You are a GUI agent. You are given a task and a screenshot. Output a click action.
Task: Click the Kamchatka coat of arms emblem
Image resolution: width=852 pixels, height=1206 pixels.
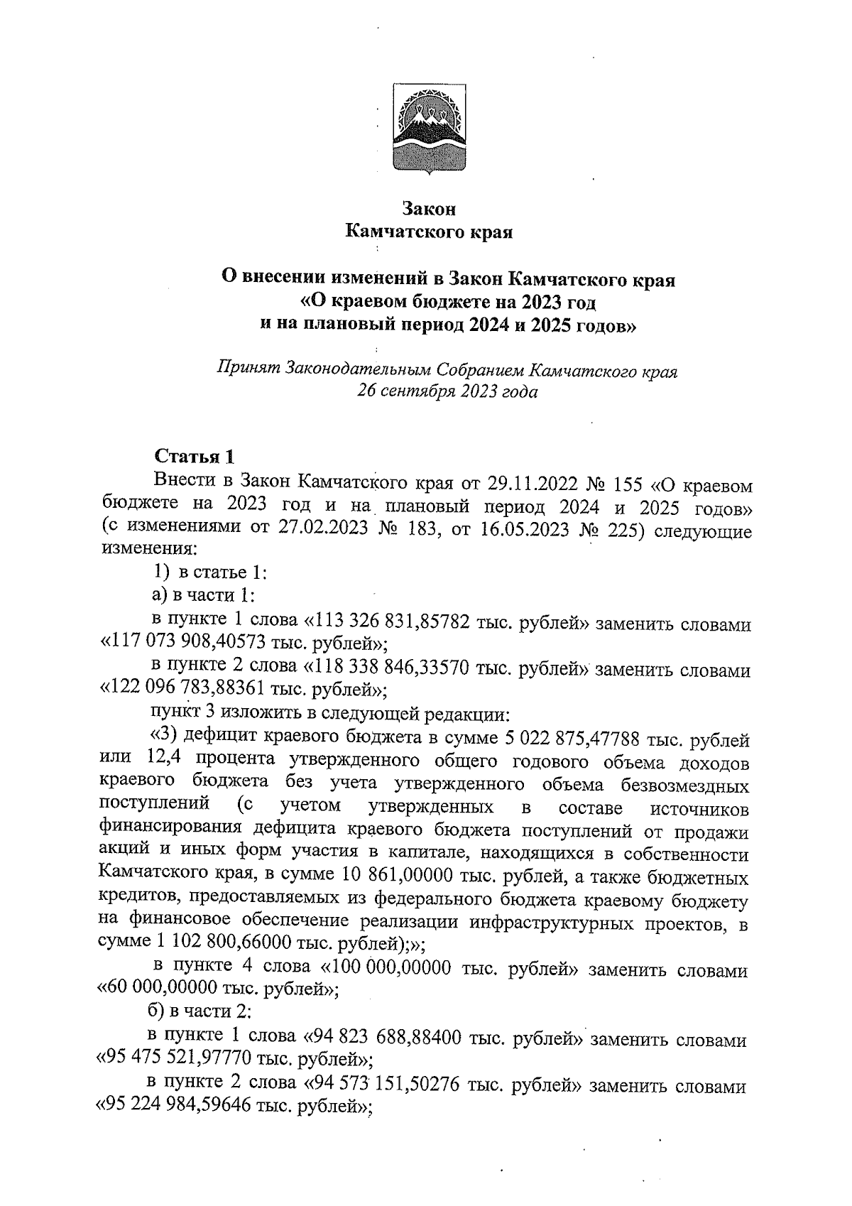point(430,128)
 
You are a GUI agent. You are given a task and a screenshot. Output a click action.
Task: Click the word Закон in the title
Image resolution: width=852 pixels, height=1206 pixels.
point(428,209)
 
